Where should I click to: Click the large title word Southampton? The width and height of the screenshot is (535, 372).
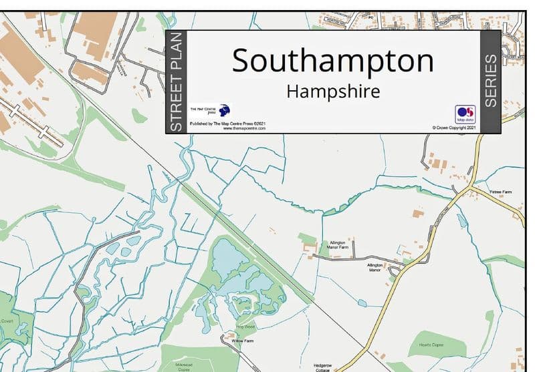[332, 61]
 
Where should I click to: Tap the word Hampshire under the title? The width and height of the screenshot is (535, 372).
[332, 91]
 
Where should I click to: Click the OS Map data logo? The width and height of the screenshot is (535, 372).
[465, 114]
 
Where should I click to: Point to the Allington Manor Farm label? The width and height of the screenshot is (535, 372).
[339, 245]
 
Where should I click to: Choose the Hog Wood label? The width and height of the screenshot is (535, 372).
[246, 327]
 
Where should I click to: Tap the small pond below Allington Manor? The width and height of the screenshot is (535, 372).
[362, 303]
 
